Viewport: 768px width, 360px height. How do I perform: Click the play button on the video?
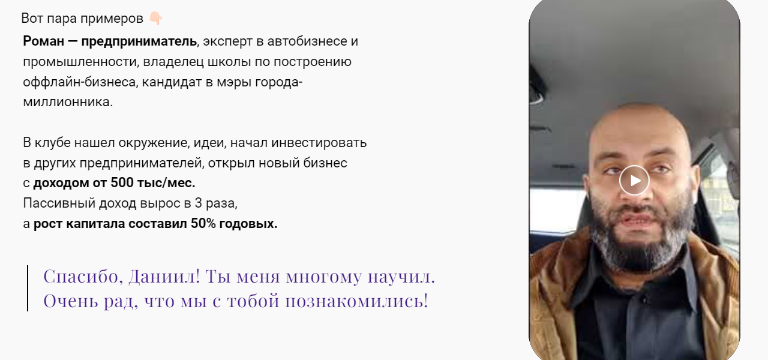[634, 180]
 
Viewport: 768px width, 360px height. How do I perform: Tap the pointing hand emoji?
[155, 18]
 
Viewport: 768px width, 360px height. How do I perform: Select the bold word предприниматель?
[139, 41]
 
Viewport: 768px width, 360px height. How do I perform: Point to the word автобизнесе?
[307, 41]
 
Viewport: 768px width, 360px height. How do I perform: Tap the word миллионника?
[67, 101]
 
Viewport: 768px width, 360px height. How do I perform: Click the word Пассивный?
[56, 203]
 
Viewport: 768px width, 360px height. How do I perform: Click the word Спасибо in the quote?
[80, 277]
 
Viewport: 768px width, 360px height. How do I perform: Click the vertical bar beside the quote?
[28, 288]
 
